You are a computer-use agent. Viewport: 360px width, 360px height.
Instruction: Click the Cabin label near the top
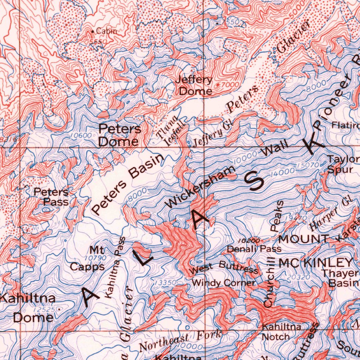(x=106, y=31)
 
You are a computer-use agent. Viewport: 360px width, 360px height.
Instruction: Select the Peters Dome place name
(x=120, y=135)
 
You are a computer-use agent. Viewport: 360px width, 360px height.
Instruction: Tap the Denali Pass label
(x=254, y=249)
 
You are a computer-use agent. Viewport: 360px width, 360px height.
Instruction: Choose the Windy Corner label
(x=224, y=283)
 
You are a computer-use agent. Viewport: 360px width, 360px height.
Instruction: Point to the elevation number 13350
(x=165, y=282)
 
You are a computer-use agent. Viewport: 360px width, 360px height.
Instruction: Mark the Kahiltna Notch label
(x=282, y=332)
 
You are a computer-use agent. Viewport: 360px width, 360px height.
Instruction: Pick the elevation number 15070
(x=308, y=165)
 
